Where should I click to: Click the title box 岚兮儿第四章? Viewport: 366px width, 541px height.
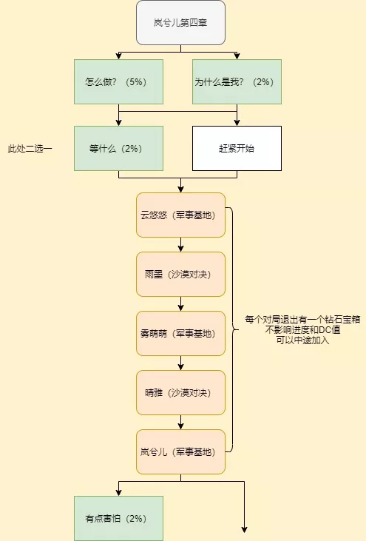[180, 23]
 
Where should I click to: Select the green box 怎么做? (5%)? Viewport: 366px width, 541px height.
[118, 81]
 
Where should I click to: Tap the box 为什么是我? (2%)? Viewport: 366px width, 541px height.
[237, 81]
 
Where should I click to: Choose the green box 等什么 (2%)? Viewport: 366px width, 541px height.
[118, 148]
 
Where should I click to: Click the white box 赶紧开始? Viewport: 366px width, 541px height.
[237, 148]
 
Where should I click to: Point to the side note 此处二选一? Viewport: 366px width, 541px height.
[30, 149]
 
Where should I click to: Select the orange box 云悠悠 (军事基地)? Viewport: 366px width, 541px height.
[180, 215]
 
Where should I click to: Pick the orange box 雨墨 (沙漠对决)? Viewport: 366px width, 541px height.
[180, 275]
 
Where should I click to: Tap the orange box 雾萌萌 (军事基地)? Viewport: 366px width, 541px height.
[180, 333]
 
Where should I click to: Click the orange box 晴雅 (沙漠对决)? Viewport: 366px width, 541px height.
[180, 393]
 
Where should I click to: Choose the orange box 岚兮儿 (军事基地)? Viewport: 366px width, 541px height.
[180, 451]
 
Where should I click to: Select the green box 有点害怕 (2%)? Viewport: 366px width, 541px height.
[118, 518]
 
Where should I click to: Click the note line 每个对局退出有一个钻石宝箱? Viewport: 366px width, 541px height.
[302, 320]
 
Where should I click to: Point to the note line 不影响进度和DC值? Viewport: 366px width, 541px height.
[302, 330]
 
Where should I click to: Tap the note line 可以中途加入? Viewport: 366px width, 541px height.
[302, 340]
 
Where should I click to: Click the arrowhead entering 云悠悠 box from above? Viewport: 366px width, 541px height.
[180, 189]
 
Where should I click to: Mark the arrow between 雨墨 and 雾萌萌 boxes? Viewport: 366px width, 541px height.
[180, 304]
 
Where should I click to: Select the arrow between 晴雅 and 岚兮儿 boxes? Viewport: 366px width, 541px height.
[180, 423]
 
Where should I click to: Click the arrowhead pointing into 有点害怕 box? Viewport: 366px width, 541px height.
[118, 493]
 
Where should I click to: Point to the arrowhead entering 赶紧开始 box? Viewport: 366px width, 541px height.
[237, 123]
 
